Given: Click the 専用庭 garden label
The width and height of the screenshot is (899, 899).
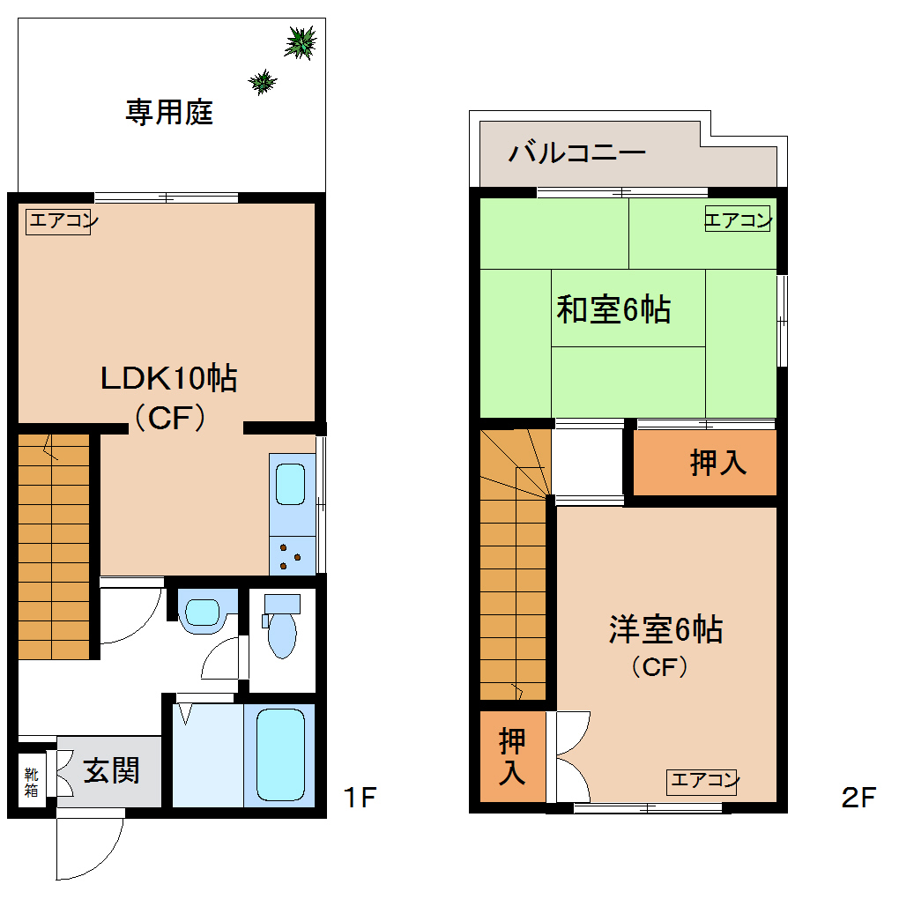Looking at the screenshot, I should pos(169,112).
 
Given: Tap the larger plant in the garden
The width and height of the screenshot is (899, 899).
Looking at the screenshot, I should pos(301,42).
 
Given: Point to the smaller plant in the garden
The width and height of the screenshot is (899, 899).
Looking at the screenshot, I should pos(263,82).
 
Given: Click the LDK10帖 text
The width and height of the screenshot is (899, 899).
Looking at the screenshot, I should pos(168,379).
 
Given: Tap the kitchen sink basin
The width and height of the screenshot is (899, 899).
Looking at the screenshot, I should pos(292,483).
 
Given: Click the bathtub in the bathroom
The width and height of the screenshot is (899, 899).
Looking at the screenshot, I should pos(280,754).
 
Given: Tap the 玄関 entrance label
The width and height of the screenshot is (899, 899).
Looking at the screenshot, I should pos(111,771).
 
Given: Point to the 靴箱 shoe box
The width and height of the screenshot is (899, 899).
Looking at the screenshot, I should pos(32,782).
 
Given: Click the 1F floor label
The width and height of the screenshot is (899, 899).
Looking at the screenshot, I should pos(360,799).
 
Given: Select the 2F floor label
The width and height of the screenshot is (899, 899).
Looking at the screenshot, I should pos(858,799).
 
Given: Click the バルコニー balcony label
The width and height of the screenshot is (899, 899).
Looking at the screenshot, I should pos(576,152).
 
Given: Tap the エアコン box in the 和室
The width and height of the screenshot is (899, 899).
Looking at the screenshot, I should pos(738,220).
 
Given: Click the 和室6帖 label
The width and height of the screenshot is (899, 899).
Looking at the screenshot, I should pos(613,309).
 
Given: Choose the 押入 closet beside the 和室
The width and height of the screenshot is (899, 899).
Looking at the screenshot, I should pos(717,462).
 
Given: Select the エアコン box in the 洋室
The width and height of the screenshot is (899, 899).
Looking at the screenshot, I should pos(702,780).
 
